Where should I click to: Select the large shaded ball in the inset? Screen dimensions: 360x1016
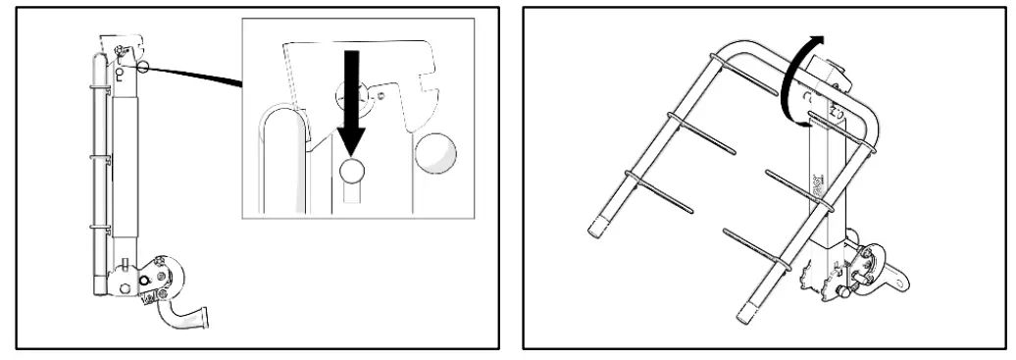click(x=436, y=154)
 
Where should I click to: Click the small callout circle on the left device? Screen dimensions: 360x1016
click(x=145, y=67)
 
